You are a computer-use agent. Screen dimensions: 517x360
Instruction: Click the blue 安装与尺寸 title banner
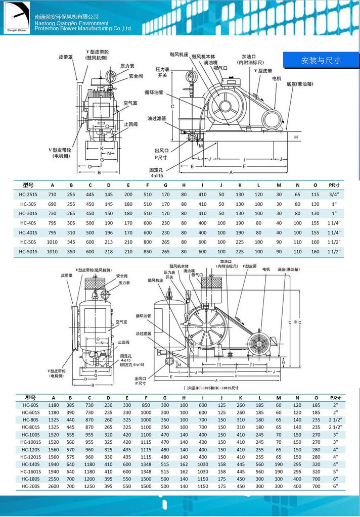(321, 60)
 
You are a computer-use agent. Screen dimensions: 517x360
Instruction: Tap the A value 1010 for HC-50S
(52, 242)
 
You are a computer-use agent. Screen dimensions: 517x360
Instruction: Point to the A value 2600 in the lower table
(54, 486)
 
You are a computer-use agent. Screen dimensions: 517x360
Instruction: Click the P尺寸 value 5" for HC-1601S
(335, 472)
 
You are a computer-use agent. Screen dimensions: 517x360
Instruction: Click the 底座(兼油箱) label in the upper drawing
(298, 84)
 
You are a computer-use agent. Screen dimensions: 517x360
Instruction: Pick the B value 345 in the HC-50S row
(71, 242)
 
